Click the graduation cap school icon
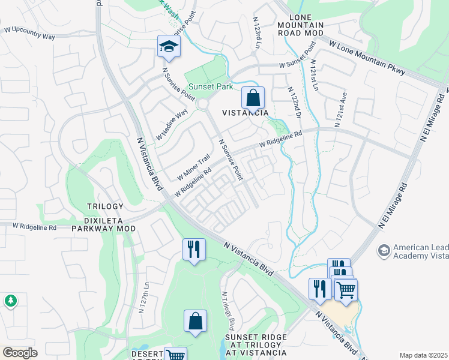click(169, 46)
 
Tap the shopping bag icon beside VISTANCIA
click(253, 97)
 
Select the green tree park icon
click(10, 301)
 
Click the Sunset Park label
click(209, 87)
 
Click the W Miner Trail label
click(194, 167)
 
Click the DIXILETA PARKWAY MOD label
click(104, 229)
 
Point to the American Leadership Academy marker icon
click(384, 249)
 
